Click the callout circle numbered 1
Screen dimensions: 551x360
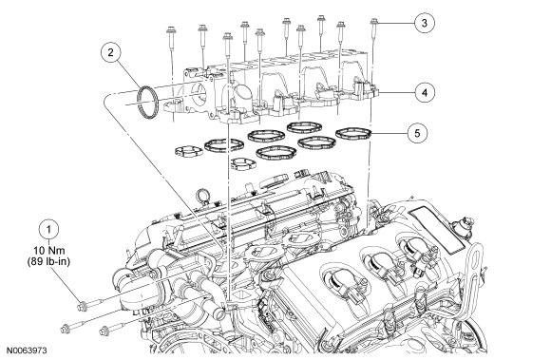[x=48, y=229]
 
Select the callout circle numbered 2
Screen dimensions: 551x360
[x=111, y=52]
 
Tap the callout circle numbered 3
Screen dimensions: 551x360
[x=424, y=23]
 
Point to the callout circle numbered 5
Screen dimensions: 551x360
[x=417, y=134]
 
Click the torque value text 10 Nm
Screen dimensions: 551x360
[x=49, y=251]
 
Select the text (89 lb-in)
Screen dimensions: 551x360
[x=48, y=261]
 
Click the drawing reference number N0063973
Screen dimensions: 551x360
[x=27, y=351]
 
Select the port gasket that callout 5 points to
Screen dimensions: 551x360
[x=353, y=133]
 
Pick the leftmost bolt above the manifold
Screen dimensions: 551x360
[x=171, y=38]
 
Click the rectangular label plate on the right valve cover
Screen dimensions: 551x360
[x=438, y=229]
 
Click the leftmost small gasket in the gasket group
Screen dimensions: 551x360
[x=189, y=151]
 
